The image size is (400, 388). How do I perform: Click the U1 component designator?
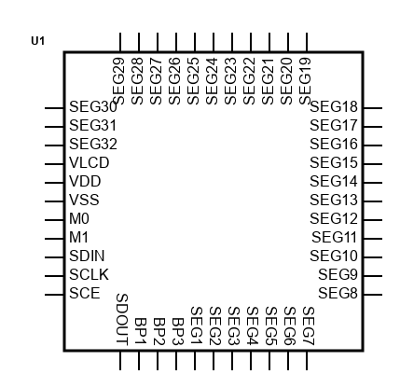[38, 41]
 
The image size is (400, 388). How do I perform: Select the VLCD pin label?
[90, 163]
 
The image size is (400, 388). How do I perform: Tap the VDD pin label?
[85, 182]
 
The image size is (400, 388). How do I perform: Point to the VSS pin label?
[84, 201]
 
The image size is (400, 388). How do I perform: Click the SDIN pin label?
[87, 256]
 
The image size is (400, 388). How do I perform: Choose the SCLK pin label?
[90, 275]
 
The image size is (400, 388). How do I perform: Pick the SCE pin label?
[85, 294]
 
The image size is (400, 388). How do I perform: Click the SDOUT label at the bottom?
[122, 319]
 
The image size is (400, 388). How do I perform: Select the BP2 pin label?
[159, 331]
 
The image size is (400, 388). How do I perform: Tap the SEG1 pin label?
[197, 326]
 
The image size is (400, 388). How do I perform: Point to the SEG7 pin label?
[309, 326]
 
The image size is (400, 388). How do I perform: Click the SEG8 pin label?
[338, 294]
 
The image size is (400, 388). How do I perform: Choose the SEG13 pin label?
[334, 201]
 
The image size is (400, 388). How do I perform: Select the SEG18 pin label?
[334, 107]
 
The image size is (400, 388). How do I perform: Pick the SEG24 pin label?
[212, 81]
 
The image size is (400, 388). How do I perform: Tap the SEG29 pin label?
[118, 81]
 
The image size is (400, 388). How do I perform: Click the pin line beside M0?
[54, 220]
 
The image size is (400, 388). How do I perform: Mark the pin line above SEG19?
[307, 42]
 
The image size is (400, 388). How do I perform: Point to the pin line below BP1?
[139, 361]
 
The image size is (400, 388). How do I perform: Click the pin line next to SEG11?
[373, 239]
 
